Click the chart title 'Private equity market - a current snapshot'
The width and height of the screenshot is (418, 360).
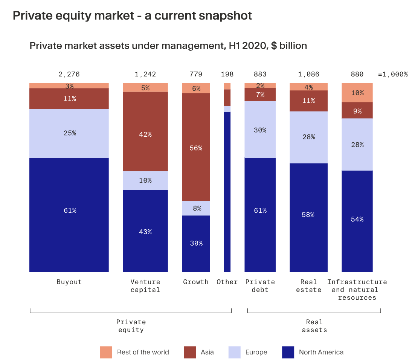132,16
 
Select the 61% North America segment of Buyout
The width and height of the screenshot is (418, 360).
69,215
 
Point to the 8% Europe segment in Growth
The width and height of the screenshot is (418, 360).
196,208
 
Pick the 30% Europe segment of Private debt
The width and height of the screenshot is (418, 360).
260,130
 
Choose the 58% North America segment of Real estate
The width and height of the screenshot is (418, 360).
308,217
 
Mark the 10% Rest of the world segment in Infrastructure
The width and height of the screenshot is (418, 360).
357,93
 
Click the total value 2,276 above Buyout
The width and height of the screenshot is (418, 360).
69,74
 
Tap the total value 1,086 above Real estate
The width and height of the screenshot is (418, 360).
308,74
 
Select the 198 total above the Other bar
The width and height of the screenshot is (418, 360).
227,74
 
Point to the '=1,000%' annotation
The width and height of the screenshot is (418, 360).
393,74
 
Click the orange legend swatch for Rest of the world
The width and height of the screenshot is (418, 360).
106,352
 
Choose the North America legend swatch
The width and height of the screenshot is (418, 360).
288,352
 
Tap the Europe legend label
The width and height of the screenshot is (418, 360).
256,352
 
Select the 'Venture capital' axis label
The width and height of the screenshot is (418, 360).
145,286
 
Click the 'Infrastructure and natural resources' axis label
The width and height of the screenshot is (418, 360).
357,290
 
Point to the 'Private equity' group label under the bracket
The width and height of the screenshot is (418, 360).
131,326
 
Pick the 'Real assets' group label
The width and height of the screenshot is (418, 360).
314,326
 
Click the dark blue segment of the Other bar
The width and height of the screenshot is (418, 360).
227,192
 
